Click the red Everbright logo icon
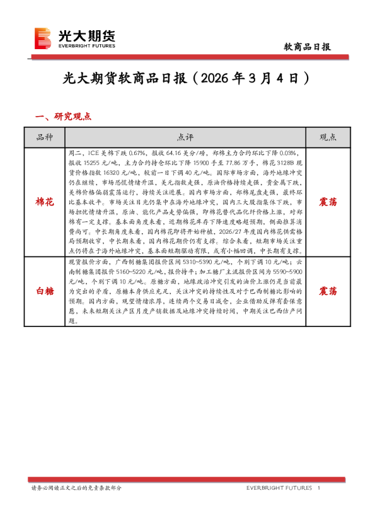point(43,38)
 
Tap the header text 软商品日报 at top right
point(308,47)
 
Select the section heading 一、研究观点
point(64,117)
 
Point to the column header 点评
point(185,137)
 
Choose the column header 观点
point(328,137)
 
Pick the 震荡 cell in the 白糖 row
point(328,291)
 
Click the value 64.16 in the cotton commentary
point(171,153)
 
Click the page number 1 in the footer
point(319,488)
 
